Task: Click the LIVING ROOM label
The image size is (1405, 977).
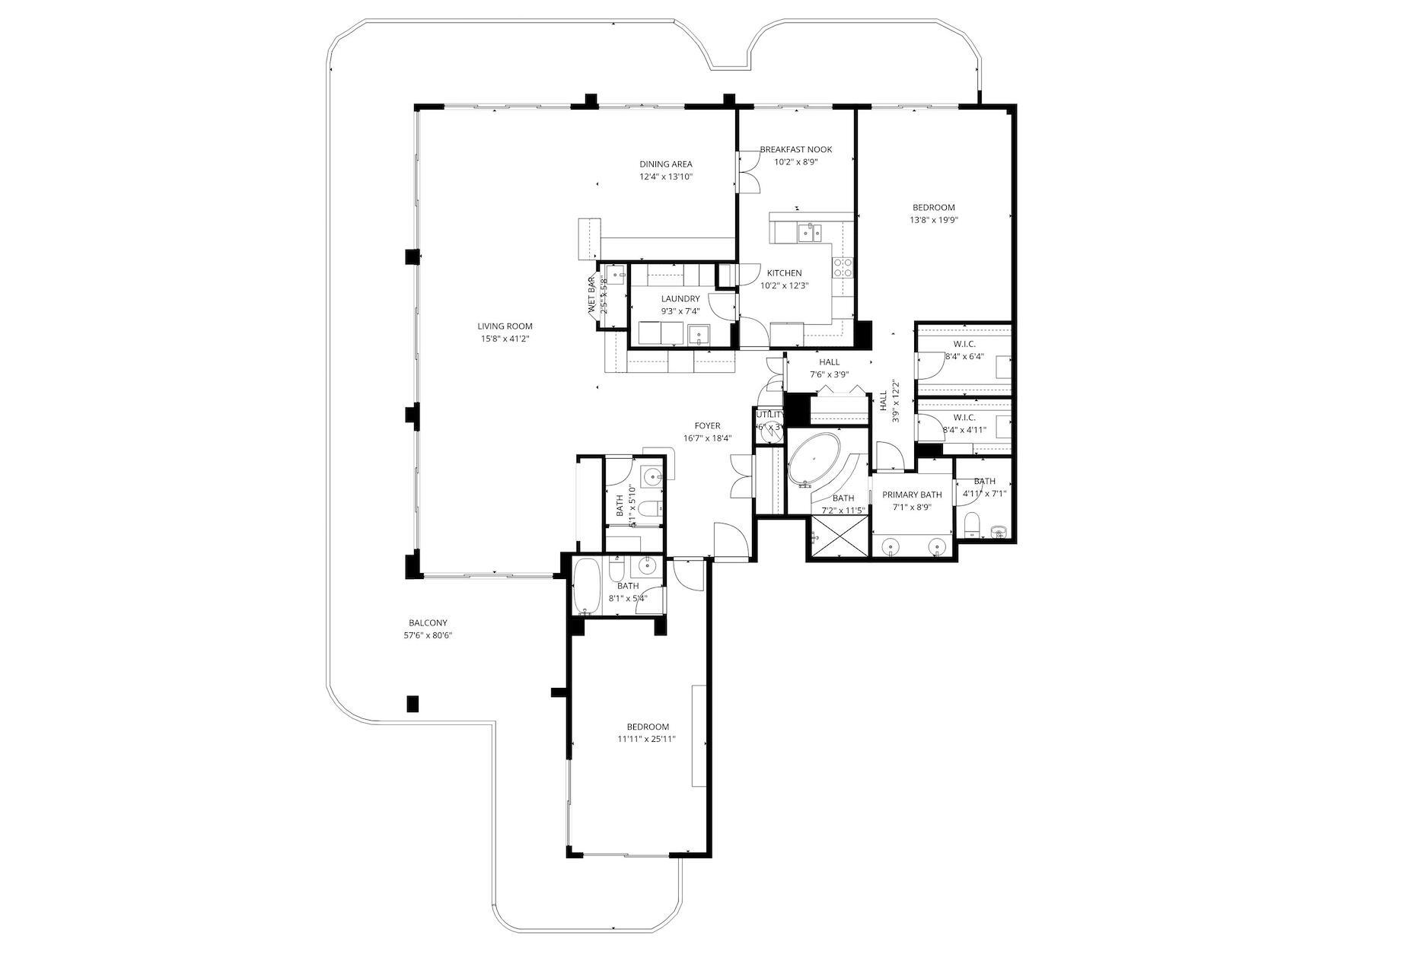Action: pos(505,326)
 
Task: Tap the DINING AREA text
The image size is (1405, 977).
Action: pos(665,164)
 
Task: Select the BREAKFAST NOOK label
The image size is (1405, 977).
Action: pos(795,150)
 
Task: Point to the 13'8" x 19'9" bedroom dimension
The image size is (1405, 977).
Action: pos(933,221)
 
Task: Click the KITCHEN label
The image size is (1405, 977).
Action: pos(784,273)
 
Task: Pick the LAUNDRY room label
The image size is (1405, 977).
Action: pos(680,299)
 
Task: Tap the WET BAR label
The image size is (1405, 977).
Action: pos(592,297)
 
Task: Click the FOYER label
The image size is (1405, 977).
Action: pos(707,426)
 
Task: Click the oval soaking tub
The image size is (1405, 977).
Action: pos(814,460)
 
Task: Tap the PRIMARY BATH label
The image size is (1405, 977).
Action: pos(912,495)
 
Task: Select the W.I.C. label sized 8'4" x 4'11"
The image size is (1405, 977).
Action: pos(964,418)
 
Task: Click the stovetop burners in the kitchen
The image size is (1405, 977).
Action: pos(843,267)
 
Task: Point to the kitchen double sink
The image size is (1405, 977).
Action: pos(811,231)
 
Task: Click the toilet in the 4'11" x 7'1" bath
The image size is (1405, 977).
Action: pos(971,524)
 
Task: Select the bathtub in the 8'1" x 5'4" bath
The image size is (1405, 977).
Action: pos(585,587)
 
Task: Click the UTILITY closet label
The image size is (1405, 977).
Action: pos(769,415)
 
